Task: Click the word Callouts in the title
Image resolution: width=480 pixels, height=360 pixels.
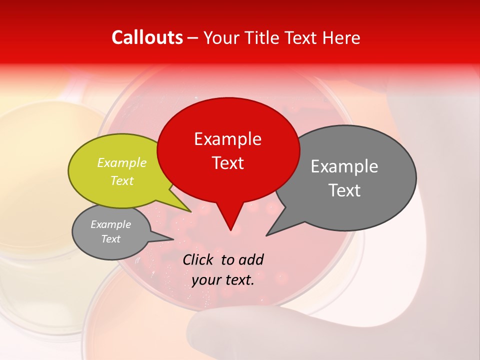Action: pos(147,37)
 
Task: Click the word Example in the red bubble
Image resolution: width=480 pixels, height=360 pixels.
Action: pos(227,139)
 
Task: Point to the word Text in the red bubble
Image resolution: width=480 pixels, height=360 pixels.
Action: pos(227,163)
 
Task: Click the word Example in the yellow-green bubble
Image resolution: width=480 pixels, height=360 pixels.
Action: pos(122,163)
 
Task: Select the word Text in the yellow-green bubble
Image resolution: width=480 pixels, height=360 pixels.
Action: pos(122,180)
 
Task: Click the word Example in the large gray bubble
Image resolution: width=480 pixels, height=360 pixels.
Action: pos(344,166)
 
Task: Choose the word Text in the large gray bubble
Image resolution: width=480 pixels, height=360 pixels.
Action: pos(344,190)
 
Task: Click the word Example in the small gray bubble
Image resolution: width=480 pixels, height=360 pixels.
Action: pos(110,224)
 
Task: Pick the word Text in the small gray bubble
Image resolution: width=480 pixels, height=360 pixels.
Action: pos(110,239)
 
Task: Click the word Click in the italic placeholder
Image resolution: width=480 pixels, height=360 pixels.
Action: pos(198,259)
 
